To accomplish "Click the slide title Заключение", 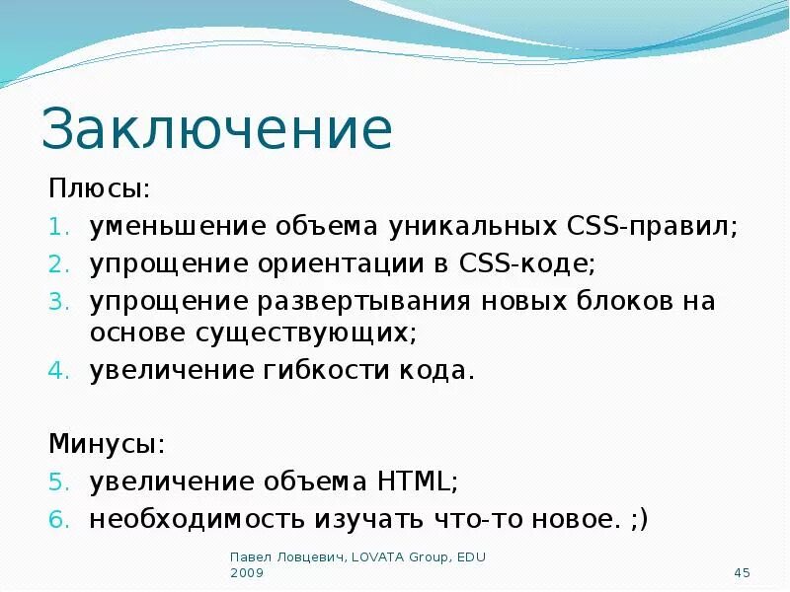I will click(217, 130).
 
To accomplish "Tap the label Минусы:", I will click(108, 444).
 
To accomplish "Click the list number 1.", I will click(57, 227).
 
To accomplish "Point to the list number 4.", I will click(57, 372).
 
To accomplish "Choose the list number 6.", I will click(57, 520).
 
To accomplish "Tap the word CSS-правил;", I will click(653, 226).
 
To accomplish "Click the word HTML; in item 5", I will click(418, 481).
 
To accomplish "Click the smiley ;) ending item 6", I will click(638, 519).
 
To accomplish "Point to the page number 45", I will click(744, 573).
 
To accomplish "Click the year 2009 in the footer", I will click(247, 573).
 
